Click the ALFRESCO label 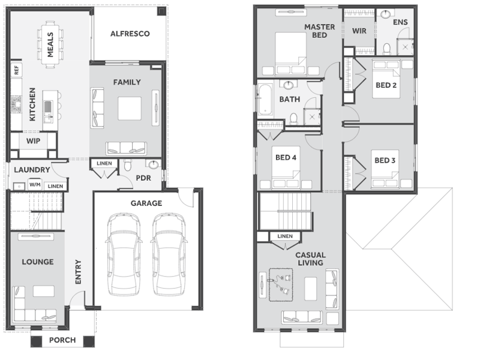click(130, 34)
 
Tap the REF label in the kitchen click(17, 70)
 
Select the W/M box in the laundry click(35, 185)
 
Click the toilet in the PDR click(128, 165)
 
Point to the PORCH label click(62, 340)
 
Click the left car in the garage click(124, 254)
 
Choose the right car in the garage click(169, 254)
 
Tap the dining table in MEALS click(50, 44)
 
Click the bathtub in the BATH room click(265, 99)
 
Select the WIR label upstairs click(359, 31)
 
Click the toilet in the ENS click(387, 49)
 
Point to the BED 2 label click(386, 85)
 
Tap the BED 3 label click(385, 160)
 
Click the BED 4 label click(286, 157)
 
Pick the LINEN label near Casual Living click(285, 236)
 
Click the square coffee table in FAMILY click(130, 109)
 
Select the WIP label click(33, 141)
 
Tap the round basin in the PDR click(154, 164)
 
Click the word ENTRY click(79, 272)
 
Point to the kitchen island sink click(47, 107)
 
